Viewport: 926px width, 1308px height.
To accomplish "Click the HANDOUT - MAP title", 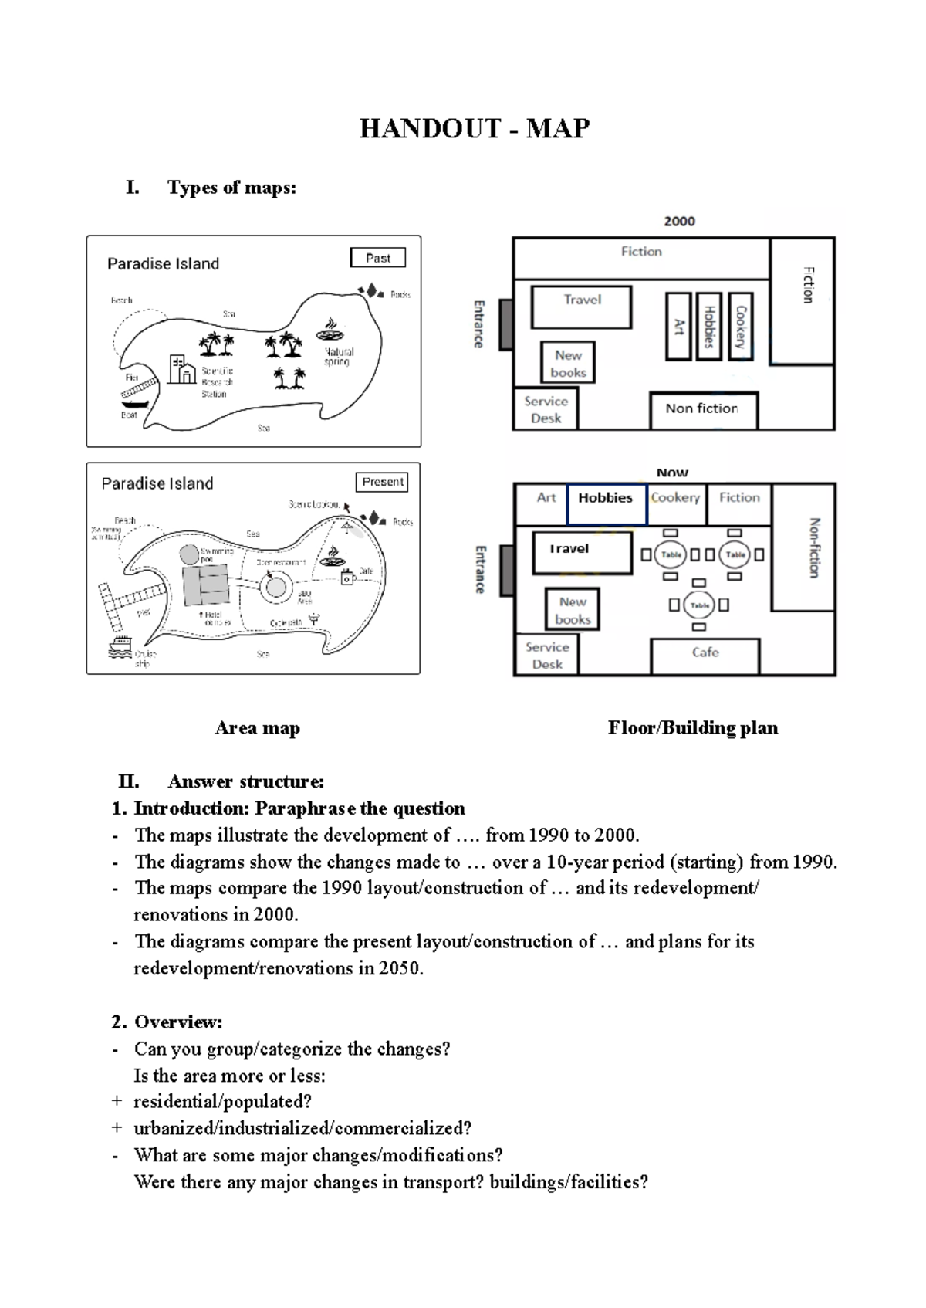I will pyautogui.click(x=474, y=128).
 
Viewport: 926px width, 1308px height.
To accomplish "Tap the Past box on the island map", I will pyautogui.click(x=377, y=258).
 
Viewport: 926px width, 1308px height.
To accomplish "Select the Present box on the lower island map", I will pyautogui.click(x=382, y=482).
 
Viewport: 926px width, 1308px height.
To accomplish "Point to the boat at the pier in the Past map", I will pyautogui.click(x=134, y=403).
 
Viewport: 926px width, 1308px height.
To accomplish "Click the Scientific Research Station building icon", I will pyautogui.click(x=182, y=370).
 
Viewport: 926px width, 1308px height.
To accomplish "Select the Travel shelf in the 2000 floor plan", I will pyautogui.click(x=581, y=307).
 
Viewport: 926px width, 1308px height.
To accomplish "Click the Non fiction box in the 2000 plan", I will pyautogui.click(x=702, y=409).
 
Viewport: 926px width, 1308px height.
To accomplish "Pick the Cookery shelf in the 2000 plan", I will pyautogui.click(x=740, y=327).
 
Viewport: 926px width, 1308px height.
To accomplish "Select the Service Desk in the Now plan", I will pyautogui.click(x=546, y=656).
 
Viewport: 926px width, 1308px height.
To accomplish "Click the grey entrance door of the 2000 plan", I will pyautogui.click(x=506, y=324).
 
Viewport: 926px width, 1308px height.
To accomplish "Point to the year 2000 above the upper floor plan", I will pyautogui.click(x=679, y=222).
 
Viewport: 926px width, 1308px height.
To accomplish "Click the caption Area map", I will pyautogui.click(x=257, y=728).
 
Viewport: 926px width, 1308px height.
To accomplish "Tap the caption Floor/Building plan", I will pyautogui.click(x=692, y=728).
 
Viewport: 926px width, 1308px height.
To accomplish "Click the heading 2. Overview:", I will pyautogui.click(x=167, y=1022).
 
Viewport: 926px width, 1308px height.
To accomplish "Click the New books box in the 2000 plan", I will pyautogui.click(x=568, y=363).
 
